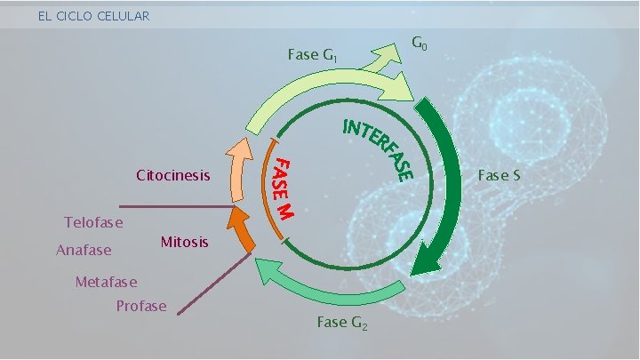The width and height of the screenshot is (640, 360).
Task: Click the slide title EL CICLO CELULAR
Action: point(93,16)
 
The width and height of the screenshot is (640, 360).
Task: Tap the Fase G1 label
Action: point(312,55)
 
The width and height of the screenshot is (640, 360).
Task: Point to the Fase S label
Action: point(499,175)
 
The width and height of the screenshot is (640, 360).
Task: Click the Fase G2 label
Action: point(341,323)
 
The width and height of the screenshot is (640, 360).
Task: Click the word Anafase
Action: point(84,250)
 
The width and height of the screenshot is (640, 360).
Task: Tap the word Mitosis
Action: point(185,242)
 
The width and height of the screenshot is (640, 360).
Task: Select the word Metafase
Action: point(107,283)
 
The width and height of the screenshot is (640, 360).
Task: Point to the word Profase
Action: point(141,306)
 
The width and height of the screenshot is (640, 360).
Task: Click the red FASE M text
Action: point(284,188)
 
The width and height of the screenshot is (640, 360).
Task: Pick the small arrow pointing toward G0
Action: point(384,59)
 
